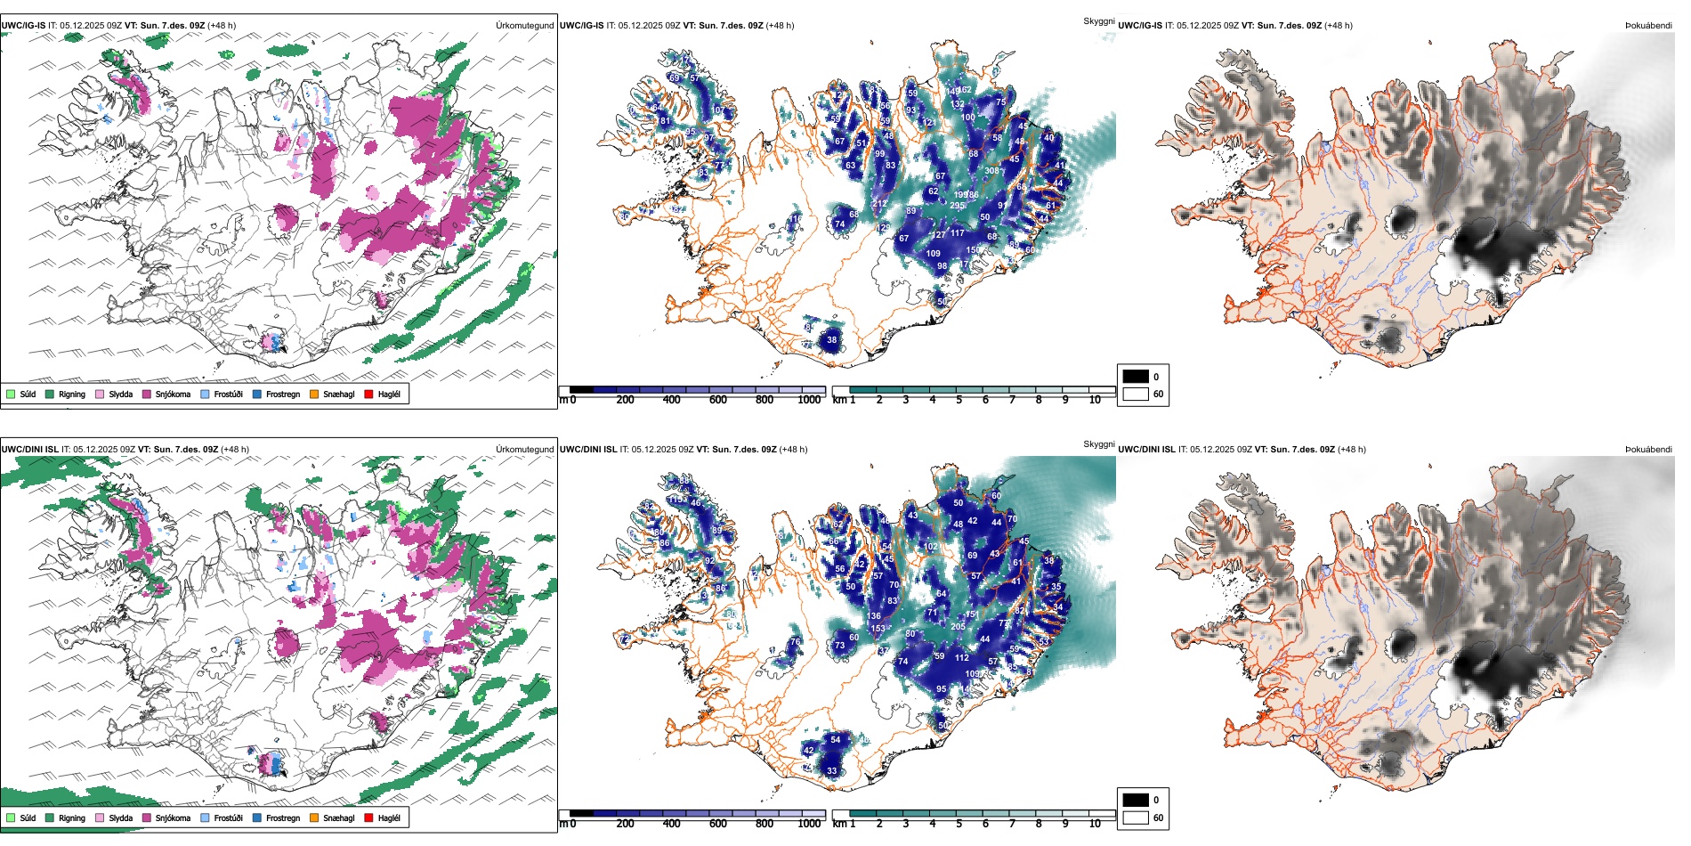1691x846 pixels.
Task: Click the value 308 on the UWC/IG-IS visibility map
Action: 991,171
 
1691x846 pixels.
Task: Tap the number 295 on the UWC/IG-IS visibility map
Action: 957,206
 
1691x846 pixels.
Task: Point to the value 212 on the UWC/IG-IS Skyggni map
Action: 879,204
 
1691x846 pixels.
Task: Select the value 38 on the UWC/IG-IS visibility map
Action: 832,340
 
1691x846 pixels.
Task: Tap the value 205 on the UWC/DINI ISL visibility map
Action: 958,627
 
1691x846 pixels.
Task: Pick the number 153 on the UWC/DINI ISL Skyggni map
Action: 878,629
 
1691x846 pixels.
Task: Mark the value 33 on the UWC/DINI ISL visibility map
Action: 832,771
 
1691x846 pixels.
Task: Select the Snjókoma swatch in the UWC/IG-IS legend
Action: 147,394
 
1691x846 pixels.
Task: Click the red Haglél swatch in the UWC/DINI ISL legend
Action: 368,818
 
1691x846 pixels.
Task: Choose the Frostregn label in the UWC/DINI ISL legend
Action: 283,818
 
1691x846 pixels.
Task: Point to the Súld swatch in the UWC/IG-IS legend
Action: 11,394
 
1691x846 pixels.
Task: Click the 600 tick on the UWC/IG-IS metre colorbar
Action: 718,400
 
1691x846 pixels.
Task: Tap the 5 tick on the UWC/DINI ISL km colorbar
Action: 959,824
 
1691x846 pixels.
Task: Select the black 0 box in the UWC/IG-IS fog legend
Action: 1136,377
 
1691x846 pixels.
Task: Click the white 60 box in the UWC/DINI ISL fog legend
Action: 1136,818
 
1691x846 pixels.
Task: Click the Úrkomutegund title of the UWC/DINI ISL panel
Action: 525,449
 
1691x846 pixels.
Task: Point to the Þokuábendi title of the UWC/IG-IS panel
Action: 1648,26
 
